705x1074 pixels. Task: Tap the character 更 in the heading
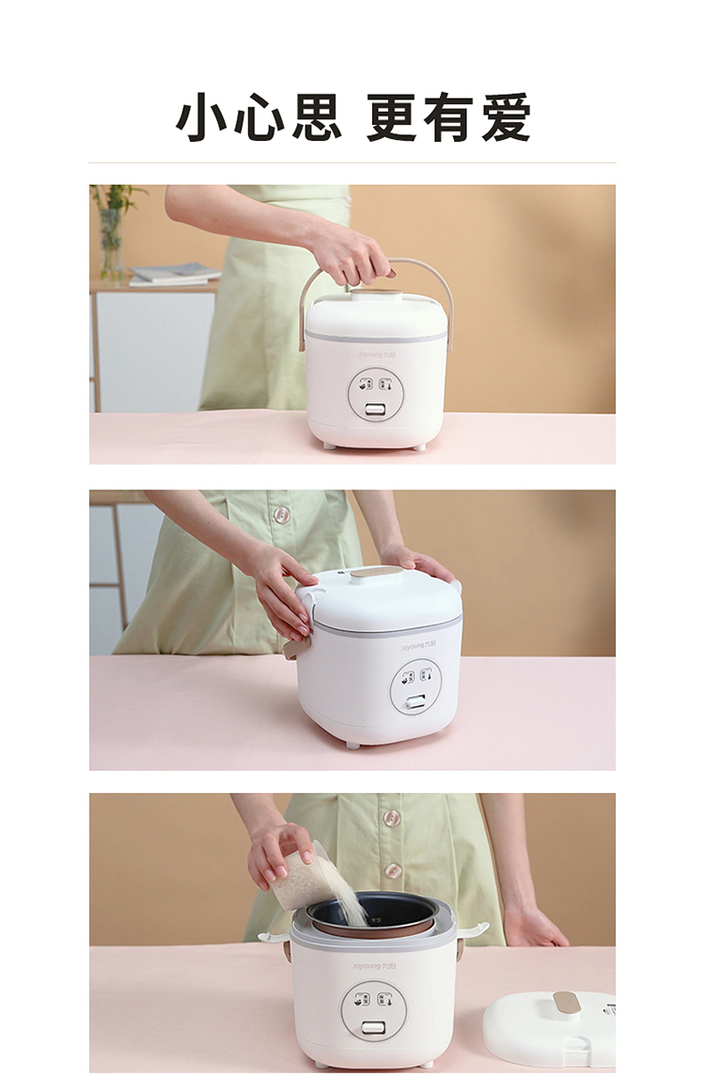(x=392, y=117)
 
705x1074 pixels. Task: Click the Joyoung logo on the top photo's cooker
(x=377, y=355)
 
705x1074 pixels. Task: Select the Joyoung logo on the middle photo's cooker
(x=418, y=646)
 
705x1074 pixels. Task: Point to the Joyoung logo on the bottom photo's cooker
(x=374, y=966)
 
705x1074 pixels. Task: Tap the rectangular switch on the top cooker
(x=374, y=409)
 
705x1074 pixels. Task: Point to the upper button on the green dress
(x=391, y=817)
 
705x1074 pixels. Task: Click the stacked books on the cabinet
(x=174, y=274)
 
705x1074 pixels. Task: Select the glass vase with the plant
(x=110, y=243)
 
